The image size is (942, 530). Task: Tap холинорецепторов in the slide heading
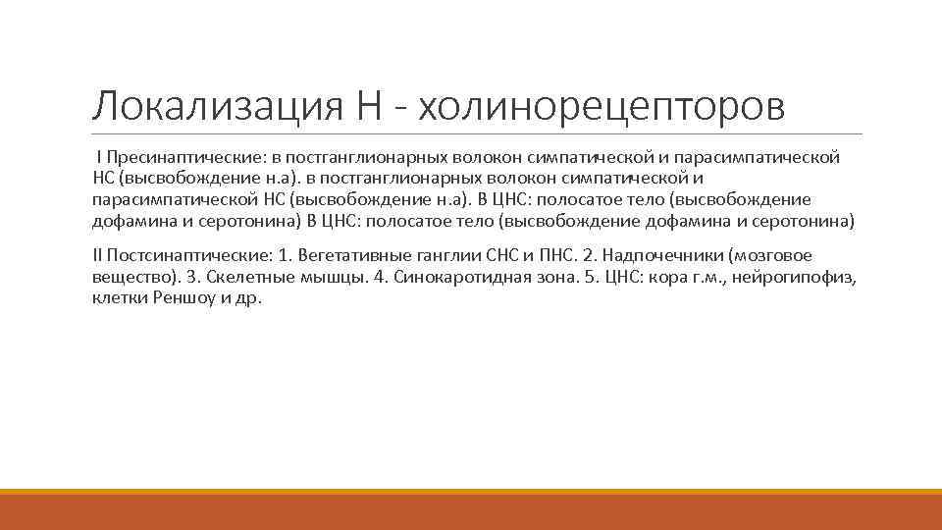[602, 107]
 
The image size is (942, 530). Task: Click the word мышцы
[336, 277]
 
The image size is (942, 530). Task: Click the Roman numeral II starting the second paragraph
[97, 255]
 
